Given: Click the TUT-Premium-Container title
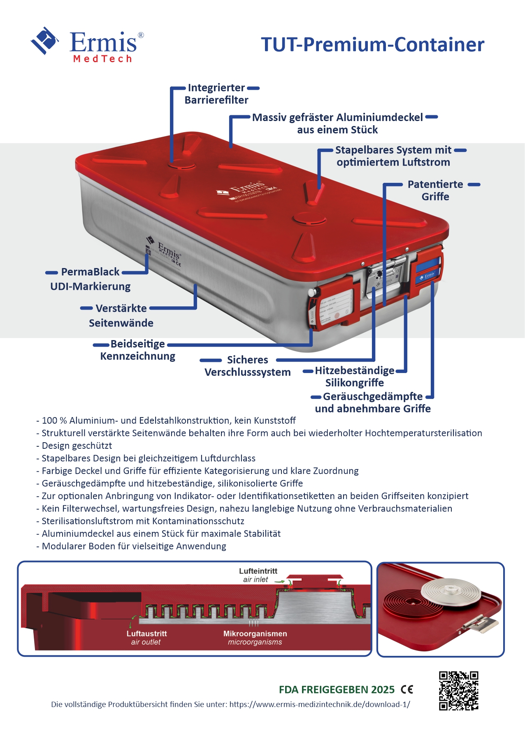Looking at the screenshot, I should pyautogui.click(x=372, y=44).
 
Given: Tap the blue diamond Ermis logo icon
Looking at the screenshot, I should pyautogui.click(x=44, y=40).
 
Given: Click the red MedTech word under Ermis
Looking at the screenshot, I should pyautogui.click(x=102, y=59).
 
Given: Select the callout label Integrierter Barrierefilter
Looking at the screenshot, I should pyautogui.click(x=216, y=94).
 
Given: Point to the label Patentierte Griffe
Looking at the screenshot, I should pyautogui.click(x=435, y=190).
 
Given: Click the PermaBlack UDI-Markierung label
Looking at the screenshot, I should pyautogui.click(x=91, y=279).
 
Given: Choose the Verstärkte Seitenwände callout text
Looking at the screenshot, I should pyautogui.click(x=121, y=315).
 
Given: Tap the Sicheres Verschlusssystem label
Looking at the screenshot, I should pyautogui.click(x=247, y=366).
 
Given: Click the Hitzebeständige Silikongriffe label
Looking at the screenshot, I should pyautogui.click(x=354, y=376).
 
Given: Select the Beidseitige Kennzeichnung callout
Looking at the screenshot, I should pyautogui.click(x=138, y=350).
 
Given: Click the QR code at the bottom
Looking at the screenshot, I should pyautogui.click(x=458, y=690).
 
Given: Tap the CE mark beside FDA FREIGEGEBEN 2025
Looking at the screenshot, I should pyautogui.click(x=407, y=689).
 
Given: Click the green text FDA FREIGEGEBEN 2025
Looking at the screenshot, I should pyautogui.click(x=337, y=690).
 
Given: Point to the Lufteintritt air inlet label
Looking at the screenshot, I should pyautogui.click(x=258, y=575).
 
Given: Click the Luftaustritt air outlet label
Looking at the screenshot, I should pyautogui.click(x=146, y=637).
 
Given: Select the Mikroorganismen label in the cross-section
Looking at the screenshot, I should pyautogui.click(x=255, y=637).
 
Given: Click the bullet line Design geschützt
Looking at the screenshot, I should pyautogui.click(x=77, y=445).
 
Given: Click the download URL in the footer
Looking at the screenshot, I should pyautogui.click(x=319, y=704).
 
